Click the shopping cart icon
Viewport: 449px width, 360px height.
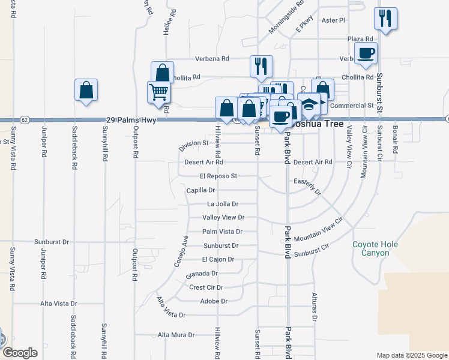click(x=158, y=92)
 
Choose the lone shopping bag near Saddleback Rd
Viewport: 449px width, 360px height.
click(x=86, y=90)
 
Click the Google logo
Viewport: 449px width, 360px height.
click(x=20, y=353)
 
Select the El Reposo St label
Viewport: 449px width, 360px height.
click(x=219, y=176)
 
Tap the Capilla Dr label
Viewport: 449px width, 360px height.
click(x=200, y=190)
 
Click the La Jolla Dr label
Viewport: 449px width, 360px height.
click(x=223, y=204)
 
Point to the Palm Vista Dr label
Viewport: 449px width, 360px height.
click(x=222, y=232)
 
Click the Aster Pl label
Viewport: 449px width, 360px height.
click(x=334, y=20)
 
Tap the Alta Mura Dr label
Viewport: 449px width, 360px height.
click(x=176, y=335)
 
